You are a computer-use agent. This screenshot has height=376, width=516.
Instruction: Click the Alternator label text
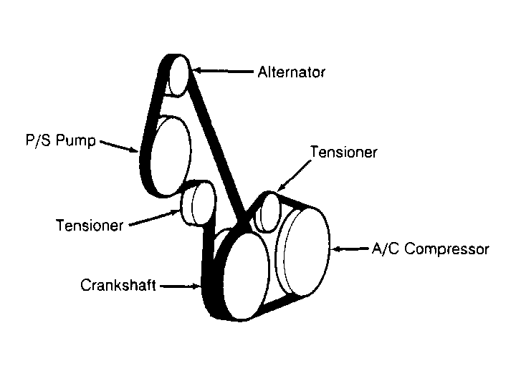pos(291,72)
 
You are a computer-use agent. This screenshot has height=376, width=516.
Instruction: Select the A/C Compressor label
pos(430,249)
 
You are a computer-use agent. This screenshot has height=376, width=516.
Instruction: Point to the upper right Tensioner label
pos(343,152)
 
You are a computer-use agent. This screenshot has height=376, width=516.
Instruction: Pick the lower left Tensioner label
pos(90,225)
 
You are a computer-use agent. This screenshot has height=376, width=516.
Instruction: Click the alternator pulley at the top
pos(178,74)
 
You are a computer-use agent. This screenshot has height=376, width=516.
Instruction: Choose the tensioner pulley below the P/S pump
pos(196,203)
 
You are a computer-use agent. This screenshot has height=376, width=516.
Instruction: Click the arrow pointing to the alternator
pos(222,72)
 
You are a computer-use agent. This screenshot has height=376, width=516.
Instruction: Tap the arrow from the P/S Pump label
pos(119,145)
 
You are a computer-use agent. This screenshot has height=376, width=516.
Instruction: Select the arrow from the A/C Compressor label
pos(349,249)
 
